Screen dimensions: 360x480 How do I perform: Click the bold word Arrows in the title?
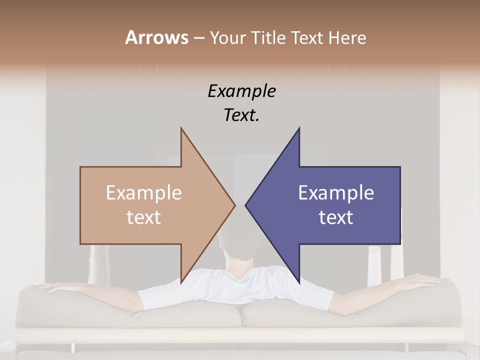[x=156, y=37]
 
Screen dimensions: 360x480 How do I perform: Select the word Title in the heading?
[x=268, y=37]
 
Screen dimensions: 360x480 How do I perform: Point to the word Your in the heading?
[x=227, y=37]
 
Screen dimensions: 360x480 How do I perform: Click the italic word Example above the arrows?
[x=241, y=91]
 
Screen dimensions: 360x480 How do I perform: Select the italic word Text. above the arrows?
[x=241, y=115]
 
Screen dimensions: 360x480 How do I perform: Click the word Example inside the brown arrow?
[x=144, y=193]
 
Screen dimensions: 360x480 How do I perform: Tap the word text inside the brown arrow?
[x=144, y=217]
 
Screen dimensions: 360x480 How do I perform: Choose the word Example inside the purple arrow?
[x=336, y=193]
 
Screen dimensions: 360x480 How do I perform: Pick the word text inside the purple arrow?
[x=336, y=217]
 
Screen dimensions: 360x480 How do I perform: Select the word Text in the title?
[x=307, y=37]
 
